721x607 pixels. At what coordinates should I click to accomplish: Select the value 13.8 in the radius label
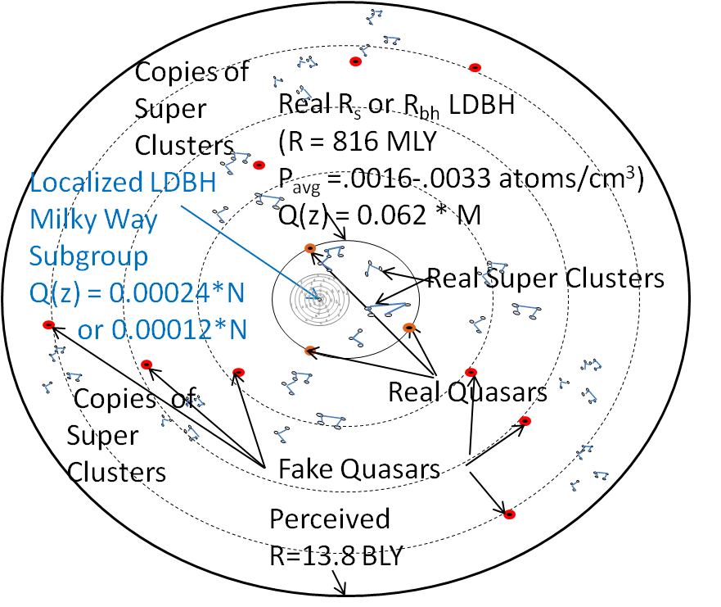pos(332,555)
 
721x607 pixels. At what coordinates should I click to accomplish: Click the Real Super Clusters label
pos(546,279)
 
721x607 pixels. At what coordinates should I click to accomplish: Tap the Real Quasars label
pos(467,392)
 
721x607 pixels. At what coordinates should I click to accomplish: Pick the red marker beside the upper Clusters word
pos(259,165)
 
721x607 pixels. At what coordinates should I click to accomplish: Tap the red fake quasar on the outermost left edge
pos(47,326)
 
